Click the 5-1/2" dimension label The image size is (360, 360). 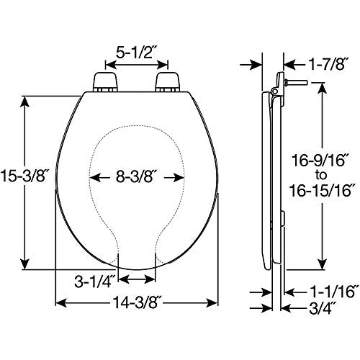pos(137,53)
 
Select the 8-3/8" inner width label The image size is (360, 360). pos(137,175)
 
